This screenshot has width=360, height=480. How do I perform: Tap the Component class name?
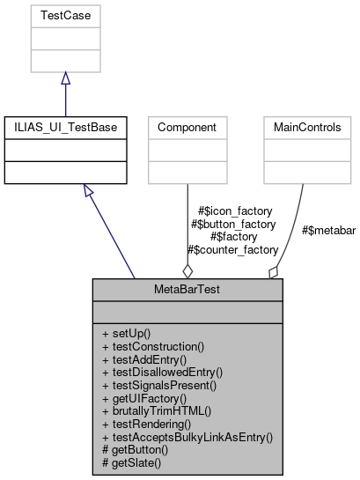coord(187,127)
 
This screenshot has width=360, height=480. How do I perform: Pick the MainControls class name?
coord(303,127)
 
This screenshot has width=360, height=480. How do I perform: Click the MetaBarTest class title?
coord(187,289)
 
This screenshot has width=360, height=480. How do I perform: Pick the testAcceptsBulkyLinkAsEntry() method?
coord(187,435)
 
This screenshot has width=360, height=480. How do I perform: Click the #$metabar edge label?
coord(328,231)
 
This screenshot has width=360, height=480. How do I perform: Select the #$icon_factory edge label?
coord(236,211)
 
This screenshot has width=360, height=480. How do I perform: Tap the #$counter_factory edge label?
coord(233,250)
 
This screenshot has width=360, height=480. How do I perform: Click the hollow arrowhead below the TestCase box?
coord(65,79)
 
